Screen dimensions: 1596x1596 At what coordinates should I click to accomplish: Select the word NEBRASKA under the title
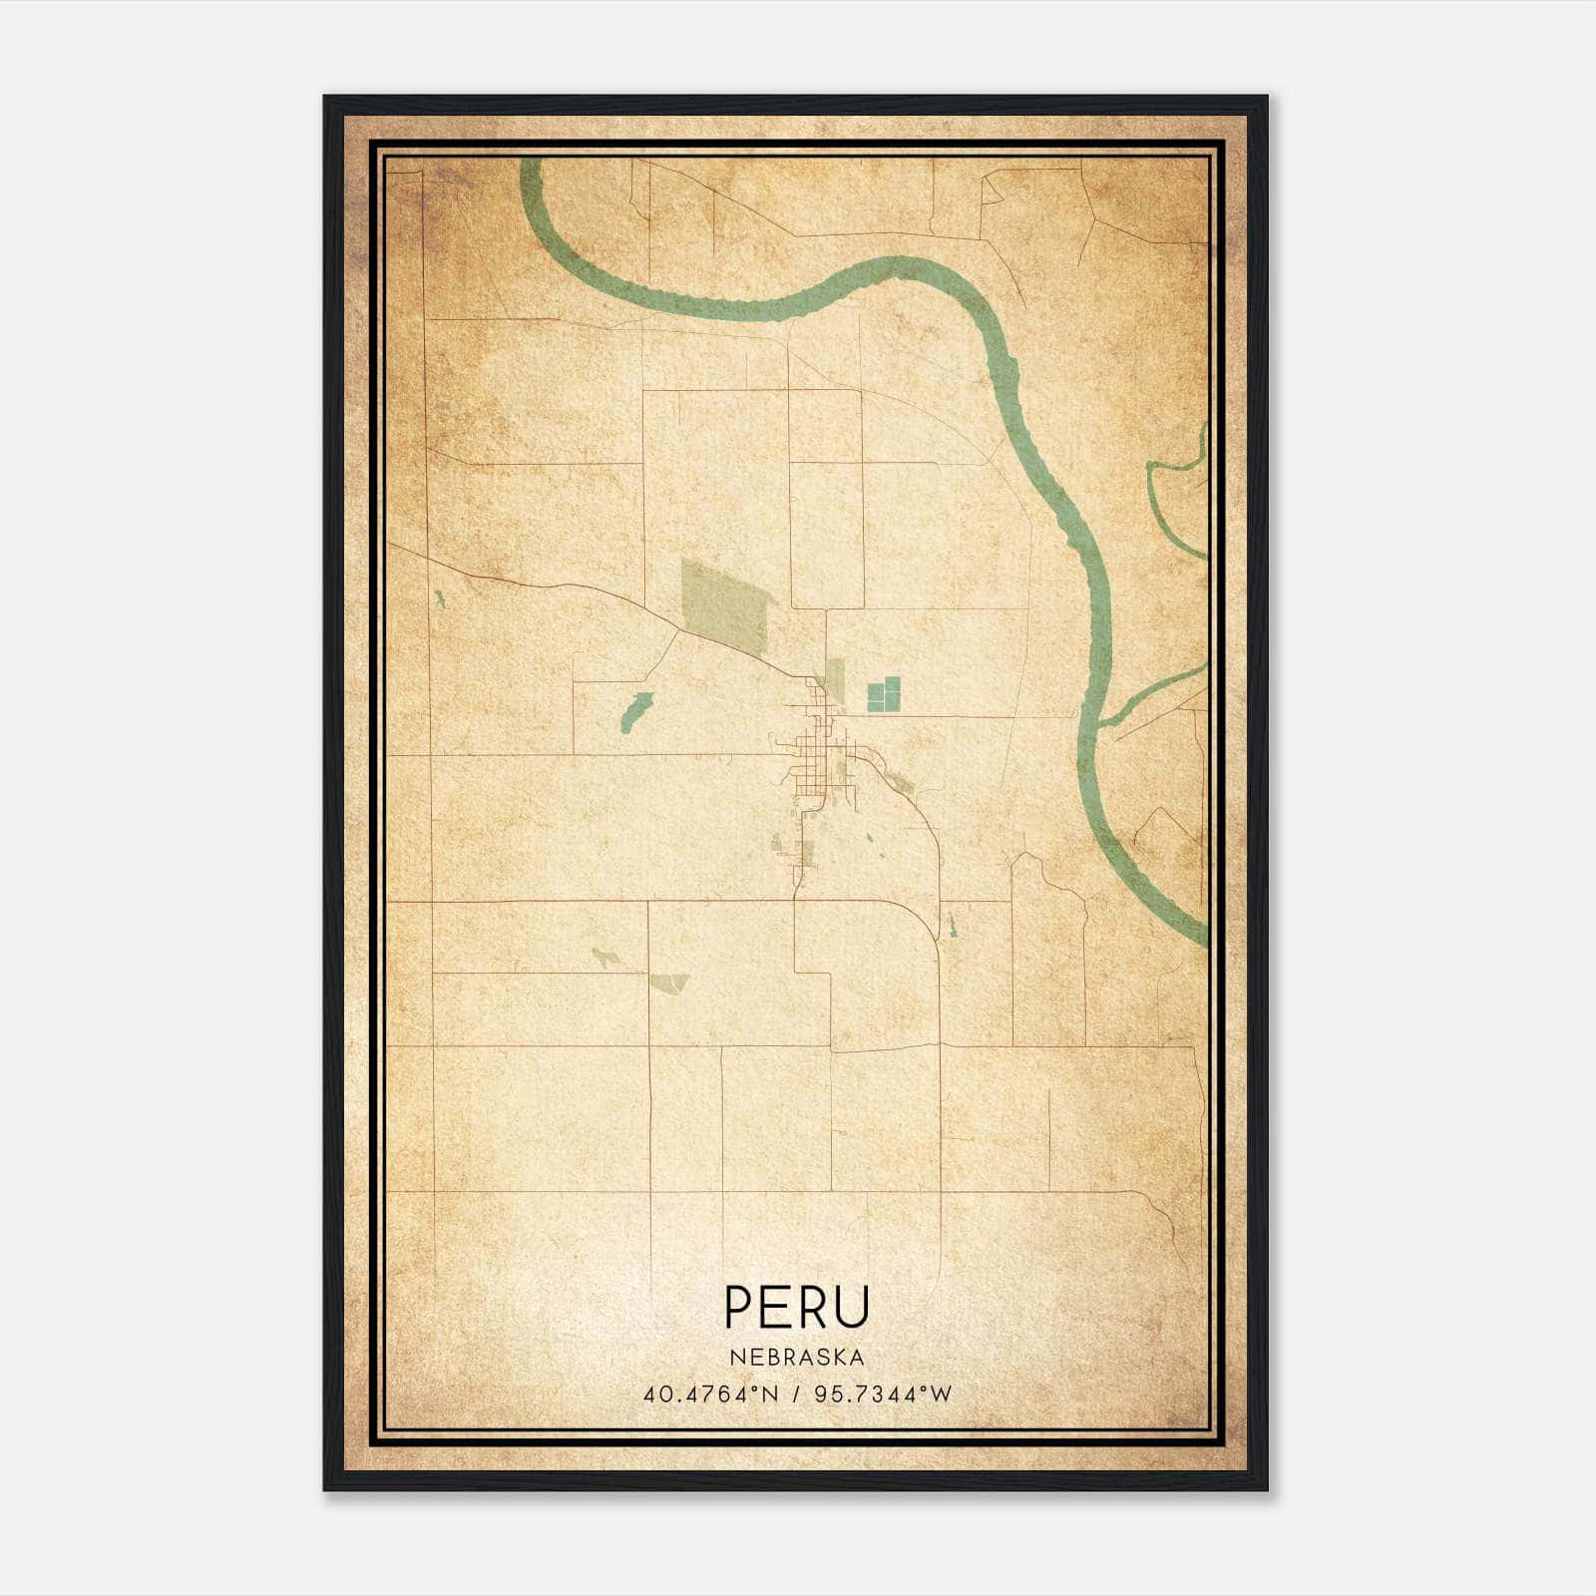pos(797,1358)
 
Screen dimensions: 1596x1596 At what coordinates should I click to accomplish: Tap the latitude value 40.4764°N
pos(710,1394)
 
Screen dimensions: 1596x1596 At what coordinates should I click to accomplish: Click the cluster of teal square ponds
pos(884,693)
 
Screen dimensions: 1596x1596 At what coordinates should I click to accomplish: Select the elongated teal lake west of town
pos(635,711)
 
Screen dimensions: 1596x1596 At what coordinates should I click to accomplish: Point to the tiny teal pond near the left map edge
pos(438,599)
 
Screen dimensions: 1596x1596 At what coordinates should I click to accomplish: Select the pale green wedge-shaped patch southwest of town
pos(668,984)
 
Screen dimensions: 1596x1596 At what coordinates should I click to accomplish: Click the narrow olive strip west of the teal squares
pos(835,678)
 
